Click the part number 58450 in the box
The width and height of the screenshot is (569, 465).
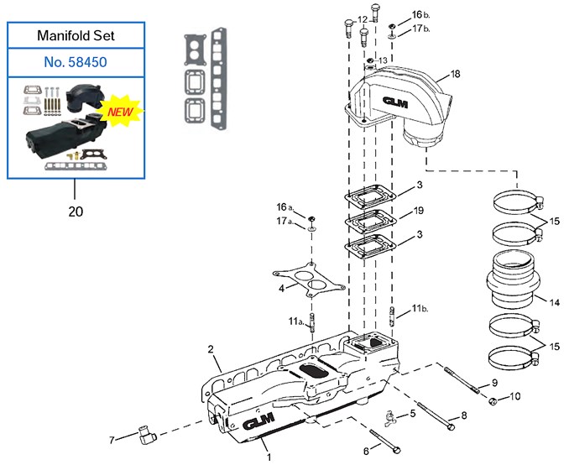click(87, 62)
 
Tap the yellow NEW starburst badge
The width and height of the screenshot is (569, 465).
click(121, 111)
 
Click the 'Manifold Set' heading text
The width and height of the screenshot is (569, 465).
click(76, 35)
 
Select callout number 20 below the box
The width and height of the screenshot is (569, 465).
click(76, 212)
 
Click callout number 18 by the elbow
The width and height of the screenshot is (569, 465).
click(455, 74)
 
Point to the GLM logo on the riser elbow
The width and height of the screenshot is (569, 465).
click(394, 102)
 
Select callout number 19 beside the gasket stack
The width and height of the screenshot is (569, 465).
click(419, 211)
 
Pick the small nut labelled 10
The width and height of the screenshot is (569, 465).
click(493, 401)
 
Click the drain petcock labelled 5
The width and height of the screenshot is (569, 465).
click(391, 417)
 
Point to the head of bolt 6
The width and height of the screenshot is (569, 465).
click(396, 450)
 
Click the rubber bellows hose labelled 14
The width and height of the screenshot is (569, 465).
click(513, 280)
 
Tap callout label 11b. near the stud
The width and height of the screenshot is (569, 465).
click(420, 309)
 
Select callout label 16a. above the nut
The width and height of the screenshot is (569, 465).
click(284, 207)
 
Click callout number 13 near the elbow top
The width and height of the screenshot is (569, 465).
click(383, 60)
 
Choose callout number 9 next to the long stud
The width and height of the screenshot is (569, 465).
click(494, 382)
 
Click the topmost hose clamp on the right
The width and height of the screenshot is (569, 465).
click(518, 202)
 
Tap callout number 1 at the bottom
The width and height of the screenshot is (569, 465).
click(269, 457)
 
